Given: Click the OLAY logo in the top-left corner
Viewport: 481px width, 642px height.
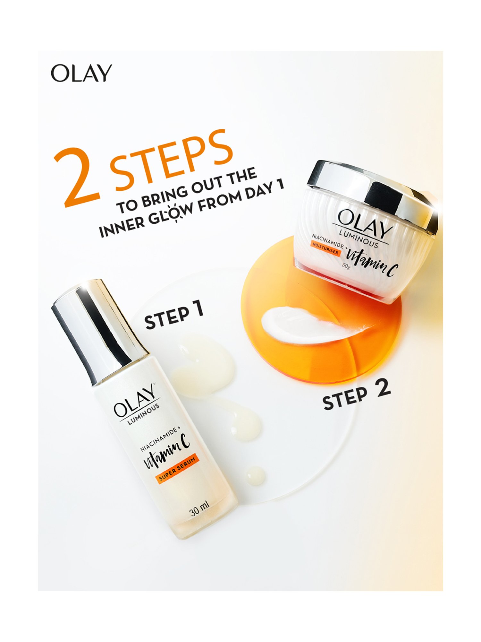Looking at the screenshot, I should (x=81, y=73).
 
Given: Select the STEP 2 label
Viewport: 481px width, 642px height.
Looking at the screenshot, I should (x=356, y=395).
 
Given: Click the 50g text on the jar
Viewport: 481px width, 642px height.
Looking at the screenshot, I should (x=346, y=266).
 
